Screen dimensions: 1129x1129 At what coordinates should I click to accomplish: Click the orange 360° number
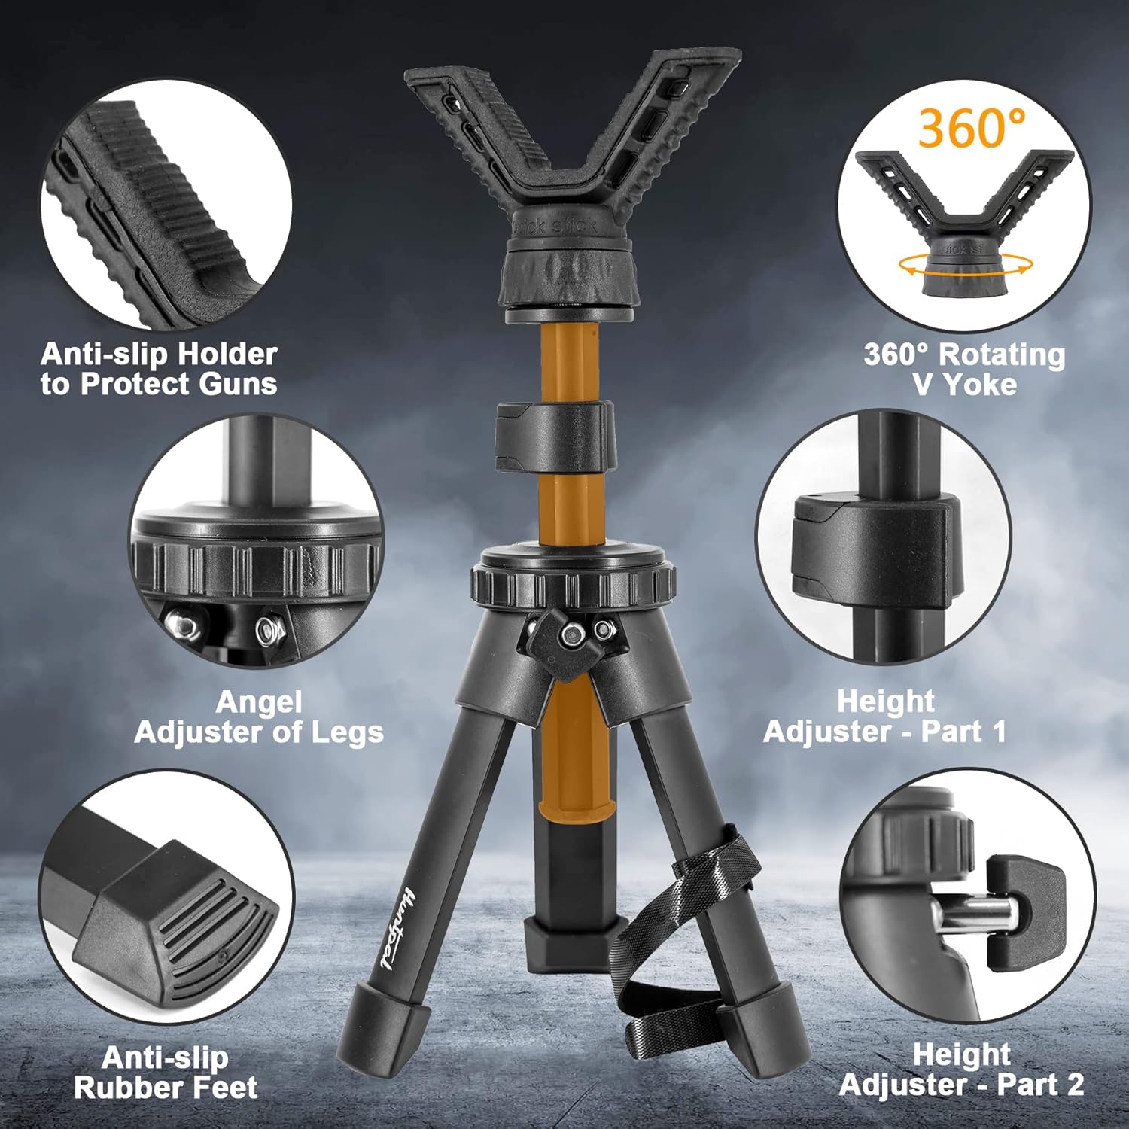click(x=971, y=128)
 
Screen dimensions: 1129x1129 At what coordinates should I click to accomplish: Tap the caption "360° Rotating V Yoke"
click(x=964, y=369)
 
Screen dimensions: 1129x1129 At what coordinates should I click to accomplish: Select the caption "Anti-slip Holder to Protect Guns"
click(x=159, y=369)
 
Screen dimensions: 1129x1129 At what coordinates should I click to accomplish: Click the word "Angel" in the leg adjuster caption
click(x=258, y=701)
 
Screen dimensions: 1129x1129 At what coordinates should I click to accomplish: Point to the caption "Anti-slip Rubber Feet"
click(x=166, y=1073)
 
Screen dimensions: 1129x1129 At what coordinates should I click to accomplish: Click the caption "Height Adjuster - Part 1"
click(x=885, y=716)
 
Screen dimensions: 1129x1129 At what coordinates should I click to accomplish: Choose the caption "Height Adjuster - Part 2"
click(x=961, y=1070)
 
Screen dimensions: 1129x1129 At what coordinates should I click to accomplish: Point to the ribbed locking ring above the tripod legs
click(x=573, y=587)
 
